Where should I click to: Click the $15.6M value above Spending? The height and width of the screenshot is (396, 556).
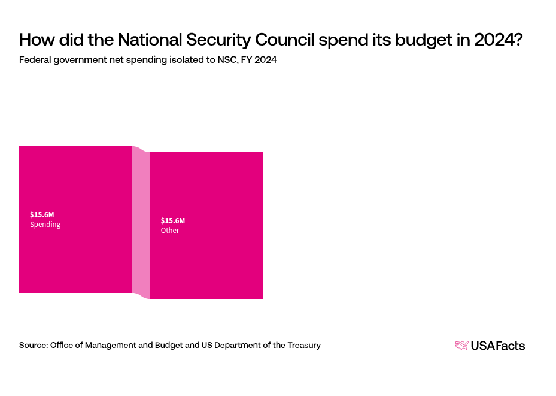tap(42, 214)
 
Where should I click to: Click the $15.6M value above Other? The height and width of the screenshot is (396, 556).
tap(173, 220)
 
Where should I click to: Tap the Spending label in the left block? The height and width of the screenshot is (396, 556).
tap(45, 225)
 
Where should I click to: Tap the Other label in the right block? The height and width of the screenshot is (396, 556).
tap(170, 231)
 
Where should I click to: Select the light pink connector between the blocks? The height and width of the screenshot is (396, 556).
tap(141, 222)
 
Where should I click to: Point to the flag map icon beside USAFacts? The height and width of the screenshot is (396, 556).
tap(461, 345)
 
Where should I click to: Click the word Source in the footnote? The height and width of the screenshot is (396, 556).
tap(34, 345)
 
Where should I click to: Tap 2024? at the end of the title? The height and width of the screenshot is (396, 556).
tap(500, 40)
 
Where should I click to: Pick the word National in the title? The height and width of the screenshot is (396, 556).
tap(151, 40)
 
